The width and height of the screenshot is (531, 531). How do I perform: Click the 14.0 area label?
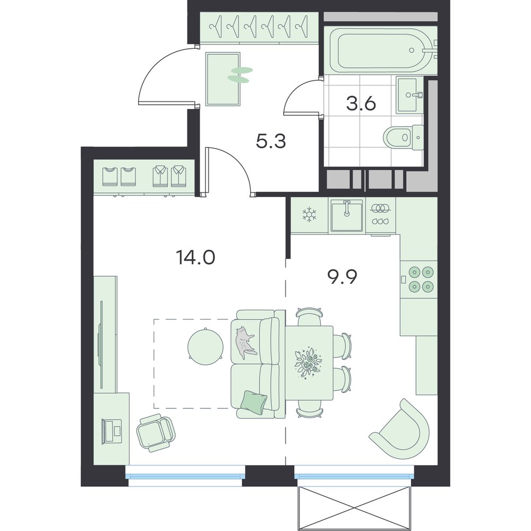[195, 258]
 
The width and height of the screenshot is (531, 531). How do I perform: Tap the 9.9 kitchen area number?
[342, 278]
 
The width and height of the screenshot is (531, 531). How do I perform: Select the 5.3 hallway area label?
[271, 141]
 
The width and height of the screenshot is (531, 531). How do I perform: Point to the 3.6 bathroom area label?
[361, 104]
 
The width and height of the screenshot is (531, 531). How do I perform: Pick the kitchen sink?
[347, 216]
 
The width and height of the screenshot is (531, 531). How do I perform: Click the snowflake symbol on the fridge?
[309, 215]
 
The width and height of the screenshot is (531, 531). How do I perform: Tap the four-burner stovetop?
[421, 279]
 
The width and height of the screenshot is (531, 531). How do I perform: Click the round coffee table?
[205, 346]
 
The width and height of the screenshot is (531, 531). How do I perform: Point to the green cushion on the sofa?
[253, 402]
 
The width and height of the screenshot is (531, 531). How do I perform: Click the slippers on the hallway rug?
[240, 74]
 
